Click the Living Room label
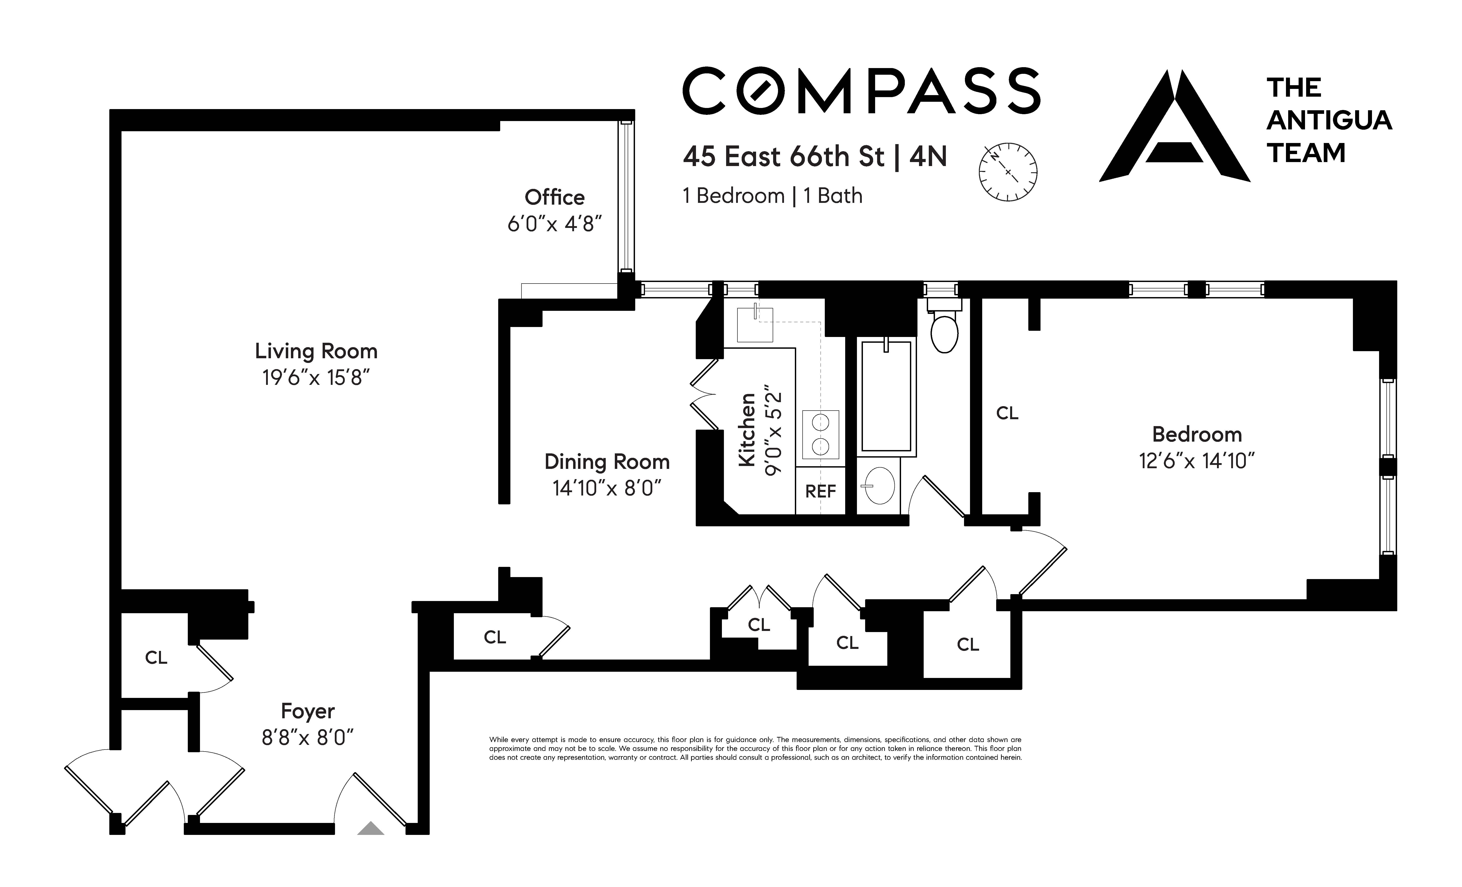(x=316, y=351)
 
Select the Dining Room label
(x=607, y=462)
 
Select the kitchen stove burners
(x=821, y=434)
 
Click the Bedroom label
(x=1197, y=434)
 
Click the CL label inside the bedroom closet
(x=1007, y=413)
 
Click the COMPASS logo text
(x=861, y=91)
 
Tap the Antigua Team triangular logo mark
(x=1175, y=126)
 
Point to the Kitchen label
(x=747, y=430)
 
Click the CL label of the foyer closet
(x=156, y=657)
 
